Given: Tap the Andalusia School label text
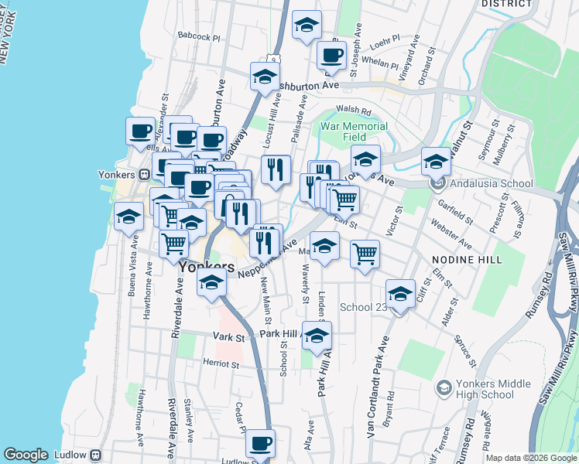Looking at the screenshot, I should pyautogui.click(x=492, y=183).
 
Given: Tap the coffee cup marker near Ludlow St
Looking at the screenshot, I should pyautogui.click(x=261, y=444).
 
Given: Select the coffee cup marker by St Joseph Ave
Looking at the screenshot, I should pyautogui.click(x=331, y=56).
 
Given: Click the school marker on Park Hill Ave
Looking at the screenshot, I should pyautogui.click(x=317, y=336).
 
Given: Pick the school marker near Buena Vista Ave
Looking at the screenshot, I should pyautogui.click(x=128, y=217).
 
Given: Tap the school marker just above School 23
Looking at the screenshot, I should pyautogui.click(x=400, y=294).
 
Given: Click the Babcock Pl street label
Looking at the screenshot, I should pyautogui.click(x=199, y=36).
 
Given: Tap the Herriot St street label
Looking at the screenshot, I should pyautogui.click(x=219, y=363).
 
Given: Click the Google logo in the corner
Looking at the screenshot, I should pyautogui.click(x=26, y=455).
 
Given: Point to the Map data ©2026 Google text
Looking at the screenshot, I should pyautogui.click(x=530, y=458).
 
